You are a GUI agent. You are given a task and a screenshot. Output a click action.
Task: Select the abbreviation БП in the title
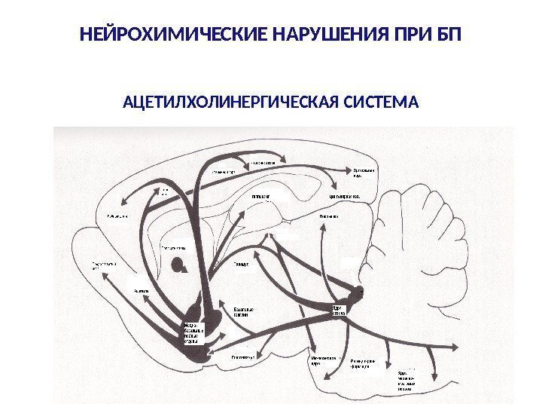click(450, 35)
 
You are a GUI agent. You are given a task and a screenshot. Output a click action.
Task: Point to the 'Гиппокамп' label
click(260, 197)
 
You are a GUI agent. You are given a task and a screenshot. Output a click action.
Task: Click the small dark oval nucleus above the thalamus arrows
click(178, 265)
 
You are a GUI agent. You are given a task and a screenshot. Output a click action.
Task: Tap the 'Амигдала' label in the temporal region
click(141, 289)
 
